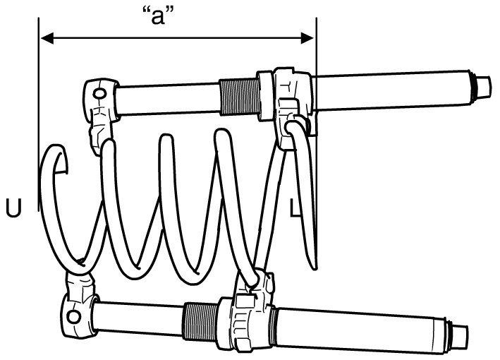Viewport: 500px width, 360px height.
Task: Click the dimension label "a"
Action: click(x=159, y=16)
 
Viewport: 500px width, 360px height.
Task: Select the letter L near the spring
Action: click(x=297, y=207)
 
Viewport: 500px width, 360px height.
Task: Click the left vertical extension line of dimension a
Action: click(x=35, y=141)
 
